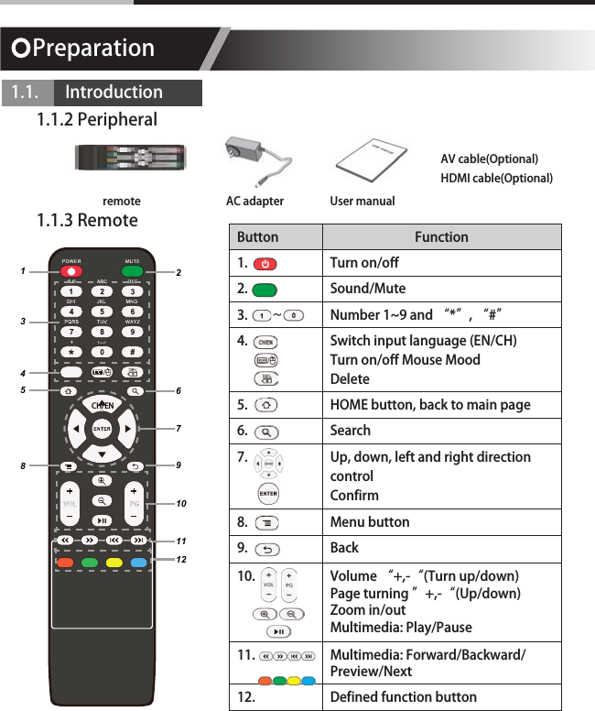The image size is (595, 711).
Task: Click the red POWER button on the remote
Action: click(72, 271)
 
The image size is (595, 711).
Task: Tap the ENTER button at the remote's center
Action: click(102, 428)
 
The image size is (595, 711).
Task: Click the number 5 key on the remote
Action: click(102, 312)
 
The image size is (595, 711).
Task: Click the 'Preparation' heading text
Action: click(92, 48)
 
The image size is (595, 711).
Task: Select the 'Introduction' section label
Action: click(114, 93)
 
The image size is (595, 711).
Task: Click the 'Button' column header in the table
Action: click(257, 236)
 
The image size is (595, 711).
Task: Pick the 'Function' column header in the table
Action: click(440, 236)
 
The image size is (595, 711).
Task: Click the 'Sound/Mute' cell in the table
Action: click(367, 289)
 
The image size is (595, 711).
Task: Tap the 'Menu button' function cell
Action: click(369, 521)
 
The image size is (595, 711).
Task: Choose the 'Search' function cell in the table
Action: click(351, 430)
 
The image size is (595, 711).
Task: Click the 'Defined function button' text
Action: click(403, 696)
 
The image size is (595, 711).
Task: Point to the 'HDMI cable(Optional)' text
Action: click(496, 178)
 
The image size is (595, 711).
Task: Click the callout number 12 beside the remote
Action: click(181, 559)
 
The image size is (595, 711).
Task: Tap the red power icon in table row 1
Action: click(265, 264)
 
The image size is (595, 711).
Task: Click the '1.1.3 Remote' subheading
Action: click(87, 221)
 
